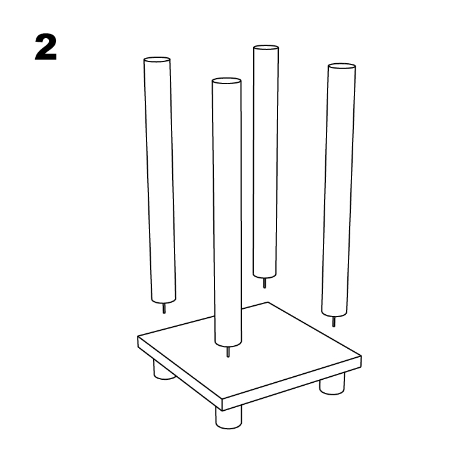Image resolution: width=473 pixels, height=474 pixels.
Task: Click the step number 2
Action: (x=46, y=48)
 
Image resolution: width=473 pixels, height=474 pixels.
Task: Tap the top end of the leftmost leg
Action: (x=157, y=60)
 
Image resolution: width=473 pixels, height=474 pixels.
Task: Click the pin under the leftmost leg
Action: (x=164, y=308)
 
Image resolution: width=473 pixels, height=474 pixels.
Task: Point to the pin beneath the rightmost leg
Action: (x=334, y=321)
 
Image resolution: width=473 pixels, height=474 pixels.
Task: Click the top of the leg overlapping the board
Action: (x=226, y=80)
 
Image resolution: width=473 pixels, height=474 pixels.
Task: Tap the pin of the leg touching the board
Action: (x=228, y=352)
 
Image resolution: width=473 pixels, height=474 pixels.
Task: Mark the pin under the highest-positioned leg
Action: (x=264, y=283)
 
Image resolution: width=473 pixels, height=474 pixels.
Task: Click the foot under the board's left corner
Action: (x=161, y=371)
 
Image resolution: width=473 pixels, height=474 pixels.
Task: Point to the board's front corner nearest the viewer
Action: (x=222, y=404)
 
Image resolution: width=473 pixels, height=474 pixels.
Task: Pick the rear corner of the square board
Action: (x=269, y=302)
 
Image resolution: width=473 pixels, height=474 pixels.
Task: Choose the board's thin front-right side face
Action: (x=292, y=382)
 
